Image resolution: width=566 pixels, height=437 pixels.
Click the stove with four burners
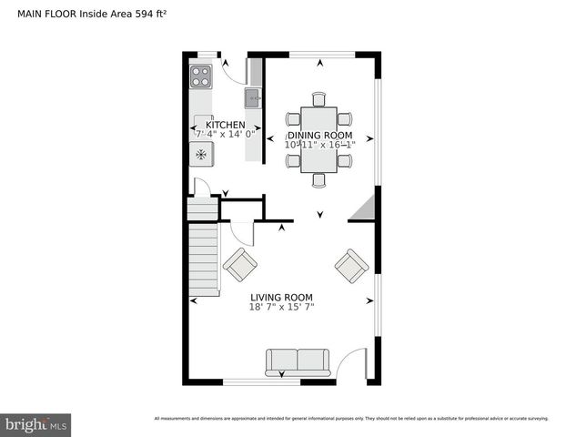click(200, 76)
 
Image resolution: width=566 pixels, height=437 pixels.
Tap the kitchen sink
click(253, 96)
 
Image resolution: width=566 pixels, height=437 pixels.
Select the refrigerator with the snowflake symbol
click(200, 154)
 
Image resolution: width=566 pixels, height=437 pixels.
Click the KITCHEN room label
click(226, 125)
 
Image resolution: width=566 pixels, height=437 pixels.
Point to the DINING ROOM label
click(318, 135)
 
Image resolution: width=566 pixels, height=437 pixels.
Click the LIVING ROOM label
click(281, 297)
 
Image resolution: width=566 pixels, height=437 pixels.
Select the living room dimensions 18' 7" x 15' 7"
click(281, 308)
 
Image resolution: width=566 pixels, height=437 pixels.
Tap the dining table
click(318, 138)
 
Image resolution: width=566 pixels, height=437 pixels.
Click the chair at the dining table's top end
click(318, 98)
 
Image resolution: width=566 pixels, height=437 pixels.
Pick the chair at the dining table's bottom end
click(318, 179)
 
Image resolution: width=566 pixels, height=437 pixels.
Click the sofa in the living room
click(298, 361)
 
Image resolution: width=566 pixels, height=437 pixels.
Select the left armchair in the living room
click(240, 265)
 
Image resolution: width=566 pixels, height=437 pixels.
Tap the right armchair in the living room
click(351, 266)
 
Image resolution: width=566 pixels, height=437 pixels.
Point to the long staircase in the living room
click(204, 260)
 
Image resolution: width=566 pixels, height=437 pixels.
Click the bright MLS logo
click(36, 425)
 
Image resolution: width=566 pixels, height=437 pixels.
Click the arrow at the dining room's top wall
click(320, 63)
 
